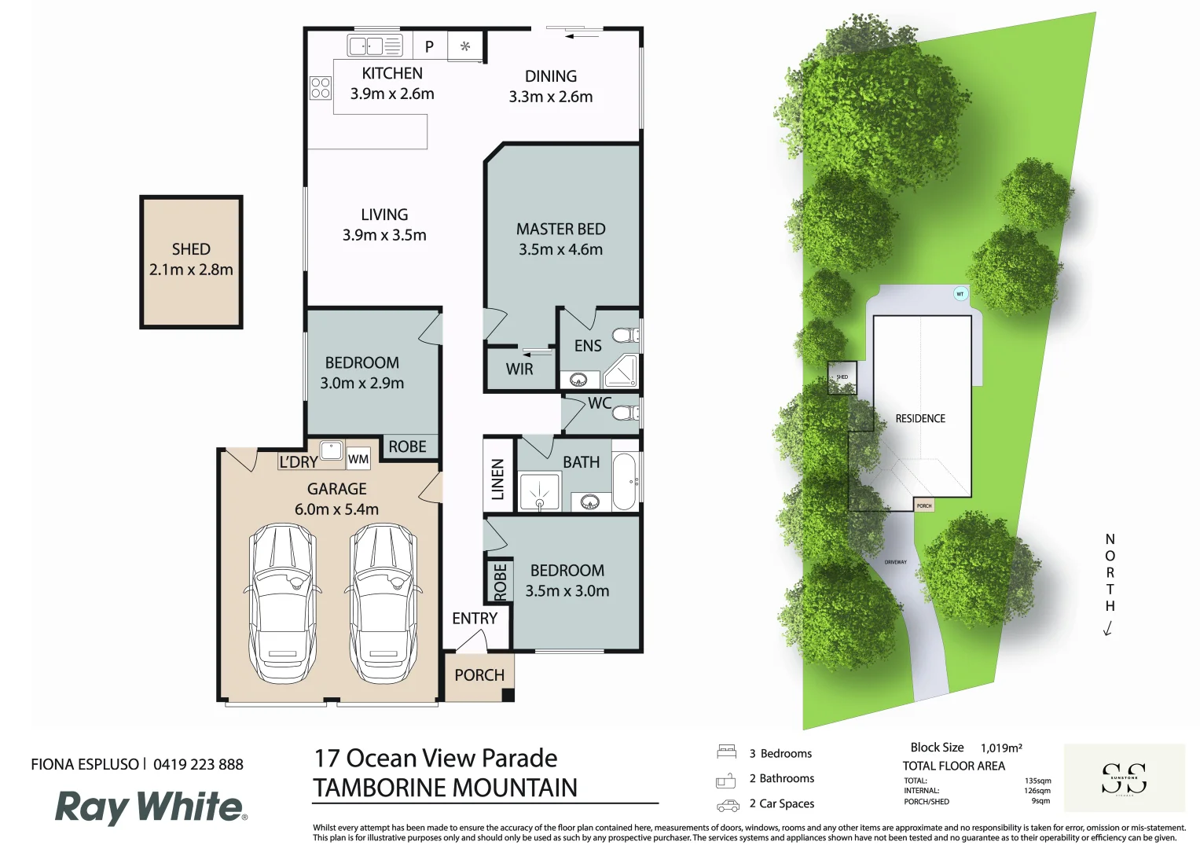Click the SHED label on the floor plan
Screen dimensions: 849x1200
tap(191, 249)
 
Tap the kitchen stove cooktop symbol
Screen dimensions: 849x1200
tap(321, 88)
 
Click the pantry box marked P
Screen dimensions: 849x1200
tap(429, 46)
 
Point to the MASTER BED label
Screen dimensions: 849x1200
tap(560, 229)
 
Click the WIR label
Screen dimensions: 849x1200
tap(519, 369)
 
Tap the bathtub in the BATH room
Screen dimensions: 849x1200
tap(625, 480)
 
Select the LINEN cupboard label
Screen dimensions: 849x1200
tap(497, 480)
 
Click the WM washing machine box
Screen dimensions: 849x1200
tap(358, 459)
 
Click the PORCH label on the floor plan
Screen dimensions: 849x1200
tap(479, 675)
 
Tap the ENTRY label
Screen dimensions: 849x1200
tap(475, 619)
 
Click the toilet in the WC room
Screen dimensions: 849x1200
tap(626, 413)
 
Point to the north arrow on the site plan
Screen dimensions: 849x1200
tap(1108, 628)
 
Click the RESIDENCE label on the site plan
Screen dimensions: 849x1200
tap(920, 419)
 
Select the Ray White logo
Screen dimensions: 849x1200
tap(150, 807)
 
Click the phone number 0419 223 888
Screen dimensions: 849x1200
tap(198, 764)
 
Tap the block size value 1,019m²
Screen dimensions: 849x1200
tap(1001, 748)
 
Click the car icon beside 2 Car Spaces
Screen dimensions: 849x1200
tap(728, 805)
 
